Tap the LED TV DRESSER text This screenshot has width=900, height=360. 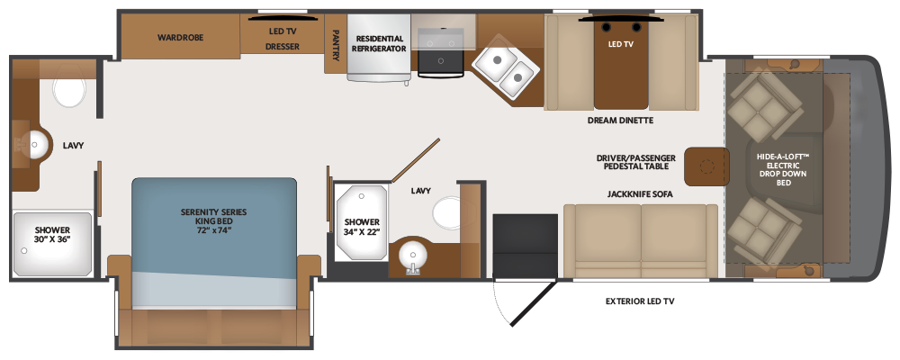(x=282, y=38)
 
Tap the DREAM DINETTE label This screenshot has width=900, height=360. (x=621, y=120)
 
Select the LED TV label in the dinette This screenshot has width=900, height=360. (x=621, y=43)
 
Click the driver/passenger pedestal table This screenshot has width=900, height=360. (x=706, y=165)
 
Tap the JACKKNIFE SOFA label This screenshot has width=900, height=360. (x=640, y=193)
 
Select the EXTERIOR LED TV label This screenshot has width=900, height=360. (x=639, y=301)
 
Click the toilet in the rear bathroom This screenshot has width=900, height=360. (x=68, y=92)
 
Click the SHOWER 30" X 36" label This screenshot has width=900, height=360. (x=52, y=234)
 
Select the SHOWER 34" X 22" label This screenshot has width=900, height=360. (x=361, y=226)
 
